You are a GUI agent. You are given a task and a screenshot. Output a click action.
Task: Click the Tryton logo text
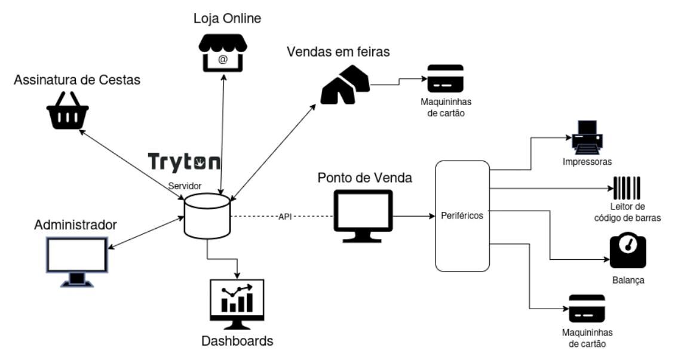184,162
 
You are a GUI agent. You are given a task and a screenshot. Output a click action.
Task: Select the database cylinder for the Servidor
207,216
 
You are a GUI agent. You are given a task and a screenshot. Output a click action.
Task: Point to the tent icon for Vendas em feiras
345,87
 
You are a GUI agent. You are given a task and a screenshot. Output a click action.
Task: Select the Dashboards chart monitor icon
237,304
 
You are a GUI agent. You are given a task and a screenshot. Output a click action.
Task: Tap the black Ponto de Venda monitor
363,216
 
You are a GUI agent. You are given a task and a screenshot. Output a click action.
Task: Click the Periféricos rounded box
462,216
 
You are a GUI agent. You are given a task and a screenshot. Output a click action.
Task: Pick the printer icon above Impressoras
587,137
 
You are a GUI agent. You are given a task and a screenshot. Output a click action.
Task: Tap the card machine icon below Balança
587,309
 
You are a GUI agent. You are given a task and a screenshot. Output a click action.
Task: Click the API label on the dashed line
284,216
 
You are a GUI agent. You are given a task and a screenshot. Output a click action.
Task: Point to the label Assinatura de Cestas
78,79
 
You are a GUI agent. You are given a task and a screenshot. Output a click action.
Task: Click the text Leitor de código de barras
627,212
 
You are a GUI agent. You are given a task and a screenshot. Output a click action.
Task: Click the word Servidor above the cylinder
183,186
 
